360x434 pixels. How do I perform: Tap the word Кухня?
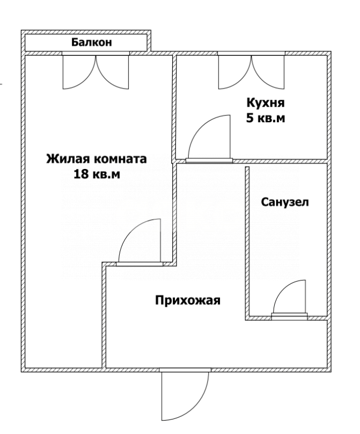pyautogui.click(x=265, y=102)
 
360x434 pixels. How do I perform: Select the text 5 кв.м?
pyautogui.click(x=265, y=119)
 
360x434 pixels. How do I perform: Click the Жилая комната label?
pyautogui.click(x=96, y=159)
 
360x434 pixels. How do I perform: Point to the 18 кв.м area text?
pyautogui.click(x=96, y=174)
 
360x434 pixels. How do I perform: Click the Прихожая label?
pyautogui.click(x=188, y=300)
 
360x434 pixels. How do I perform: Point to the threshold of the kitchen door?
pyautogui.click(x=209, y=160)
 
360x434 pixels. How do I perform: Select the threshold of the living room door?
pyautogui.click(x=139, y=263)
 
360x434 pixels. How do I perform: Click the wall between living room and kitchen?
pyautogui.click(x=175, y=107)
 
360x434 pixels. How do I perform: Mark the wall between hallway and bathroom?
pyautogui.click(x=247, y=241)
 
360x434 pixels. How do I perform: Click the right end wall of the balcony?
pyautogui.click(x=149, y=42)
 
